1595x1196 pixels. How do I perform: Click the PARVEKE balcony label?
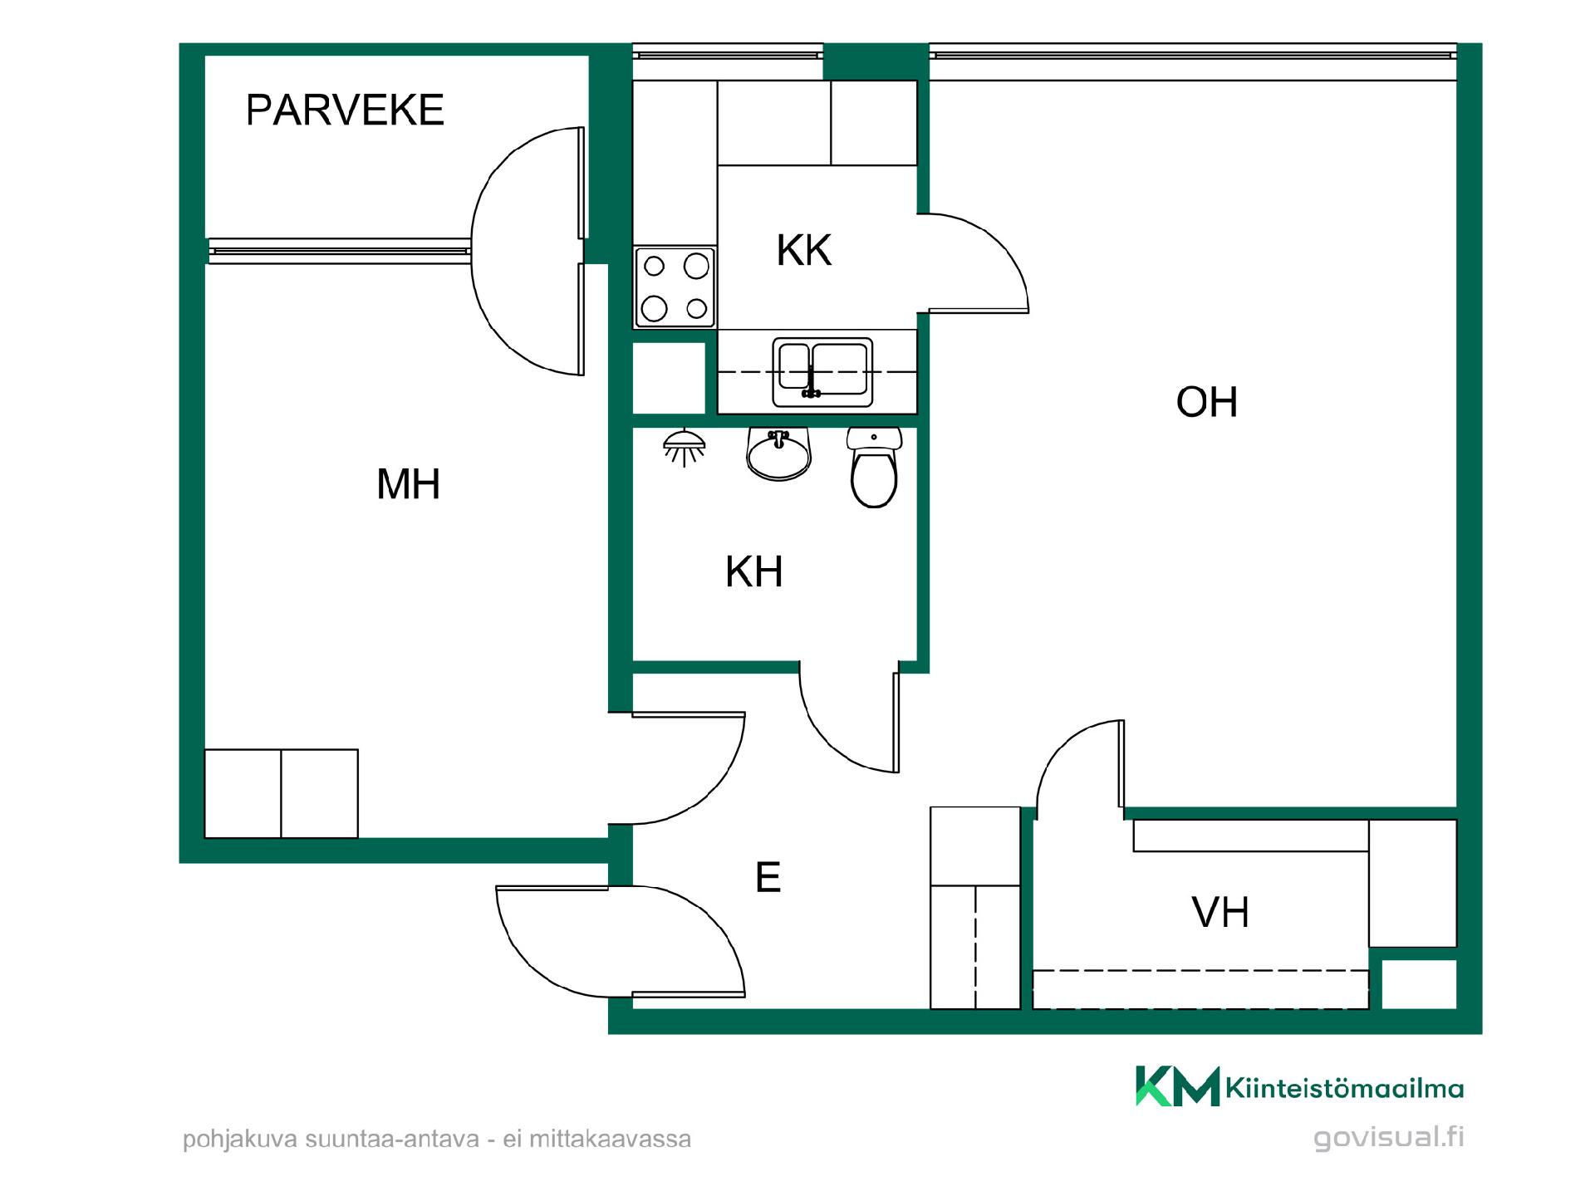coord(345,110)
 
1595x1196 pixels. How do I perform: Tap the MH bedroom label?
coord(408,483)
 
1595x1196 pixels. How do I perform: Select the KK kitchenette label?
coord(804,250)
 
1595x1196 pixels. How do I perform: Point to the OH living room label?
coord(1206,402)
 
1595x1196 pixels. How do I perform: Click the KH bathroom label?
coord(754,571)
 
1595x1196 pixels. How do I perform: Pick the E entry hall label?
coord(768,877)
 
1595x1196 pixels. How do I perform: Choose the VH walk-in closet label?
coord(1220,912)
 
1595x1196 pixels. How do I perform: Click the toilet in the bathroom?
coord(874,468)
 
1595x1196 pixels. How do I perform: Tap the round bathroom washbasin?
coord(778,455)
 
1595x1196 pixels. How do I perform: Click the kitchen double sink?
coord(822,372)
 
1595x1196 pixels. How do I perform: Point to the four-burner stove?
coord(675,287)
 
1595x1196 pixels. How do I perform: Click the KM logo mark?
coord(1178,1086)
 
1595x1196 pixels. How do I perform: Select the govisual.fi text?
coord(1389,1138)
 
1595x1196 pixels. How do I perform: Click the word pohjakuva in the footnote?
coord(241,1139)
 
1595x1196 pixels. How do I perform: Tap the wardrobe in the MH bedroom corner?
coord(282,794)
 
